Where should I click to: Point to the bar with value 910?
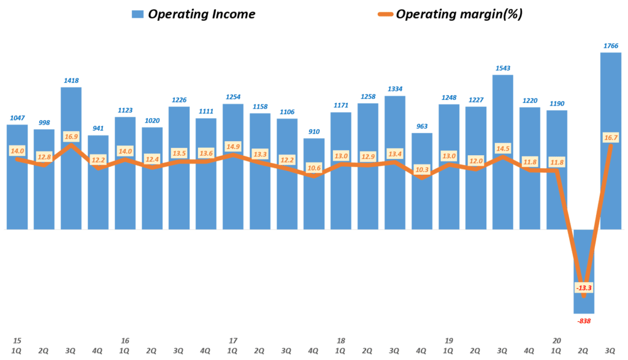pyautogui.click(x=314, y=184)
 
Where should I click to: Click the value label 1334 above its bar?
pyautogui.click(x=395, y=89)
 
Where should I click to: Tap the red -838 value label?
pyautogui.click(x=583, y=321)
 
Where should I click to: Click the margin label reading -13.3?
pyautogui.click(x=583, y=288)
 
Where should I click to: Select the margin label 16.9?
pyautogui.click(x=71, y=136)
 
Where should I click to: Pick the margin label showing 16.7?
pyautogui.click(x=610, y=139)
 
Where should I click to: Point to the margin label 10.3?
pyautogui.click(x=422, y=169)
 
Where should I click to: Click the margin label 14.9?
pyautogui.click(x=233, y=146)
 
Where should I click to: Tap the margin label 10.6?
pyautogui.click(x=314, y=167)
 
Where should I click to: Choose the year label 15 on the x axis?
pyautogui.click(x=17, y=340)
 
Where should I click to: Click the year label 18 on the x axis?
pyautogui.click(x=341, y=340)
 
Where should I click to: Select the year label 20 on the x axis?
pyautogui.click(x=556, y=340)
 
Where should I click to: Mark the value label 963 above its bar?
pyautogui.click(x=422, y=126)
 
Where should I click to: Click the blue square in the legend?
pyautogui.click(x=137, y=14)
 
